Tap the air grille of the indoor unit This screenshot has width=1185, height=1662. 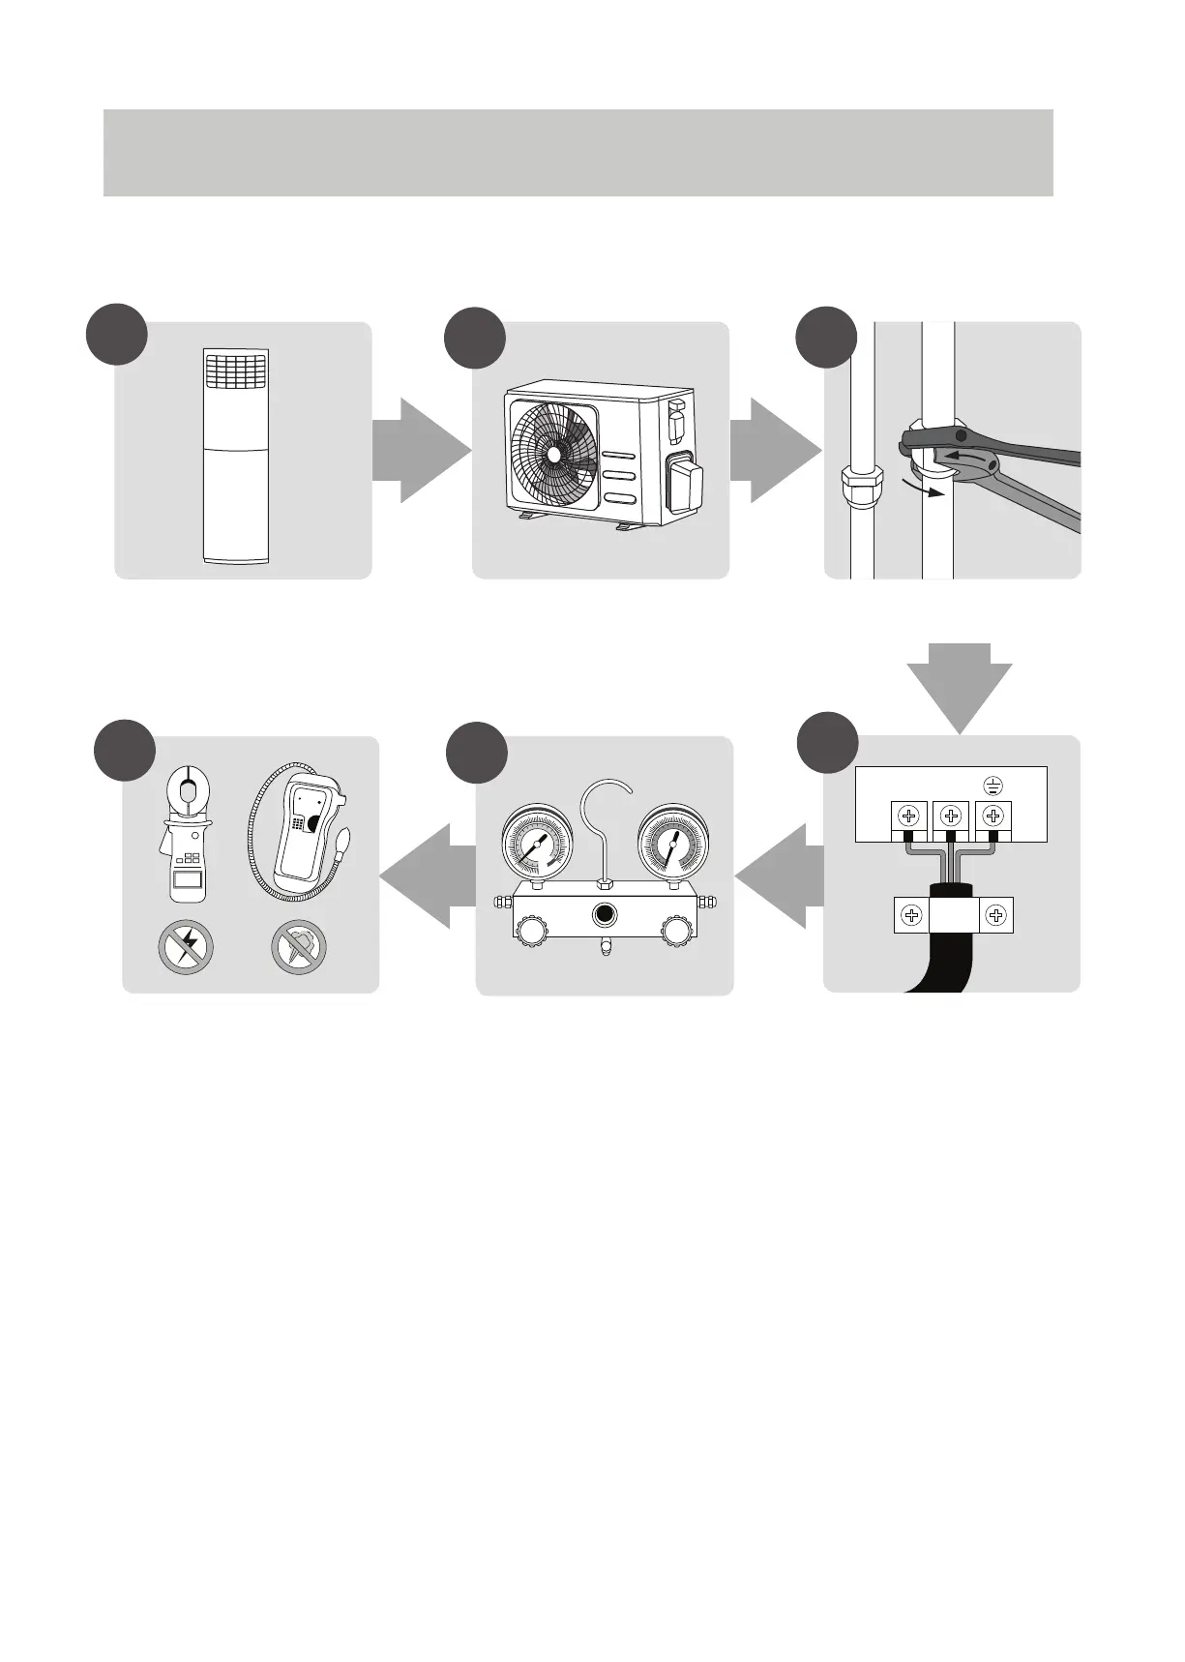pyautogui.click(x=236, y=369)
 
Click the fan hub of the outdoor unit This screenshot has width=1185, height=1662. pyautogui.click(x=553, y=453)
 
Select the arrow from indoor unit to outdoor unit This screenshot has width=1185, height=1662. pyautogui.click(x=420, y=451)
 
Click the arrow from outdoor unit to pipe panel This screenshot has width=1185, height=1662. pyautogui.click(x=773, y=451)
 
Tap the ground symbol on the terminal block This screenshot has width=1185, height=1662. pyautogui.click(x=993, y=786)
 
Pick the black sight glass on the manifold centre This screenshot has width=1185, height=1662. pyautogui.click(x=606, y=915)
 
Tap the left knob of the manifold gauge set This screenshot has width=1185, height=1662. pyautogui.click(x=531, y=930)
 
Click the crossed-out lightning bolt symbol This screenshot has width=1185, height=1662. pyautogui.click(x=186, y=946)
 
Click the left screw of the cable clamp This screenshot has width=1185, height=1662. pyautogui.click(x=911, y=915)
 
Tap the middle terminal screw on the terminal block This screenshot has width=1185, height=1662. pyautogui.click(x=951, y=816)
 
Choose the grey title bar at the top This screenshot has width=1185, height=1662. pyautogui.click(x=578, y=153)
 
